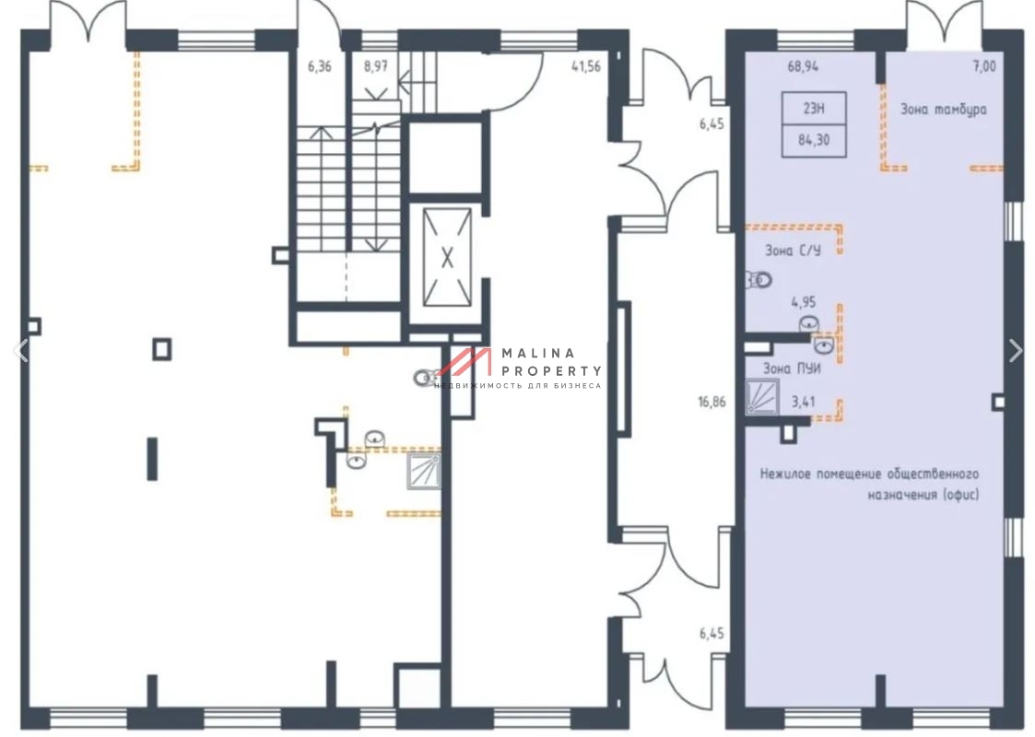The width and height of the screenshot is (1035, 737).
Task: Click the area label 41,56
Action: (586, 66)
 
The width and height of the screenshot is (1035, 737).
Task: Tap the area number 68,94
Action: (803, 66)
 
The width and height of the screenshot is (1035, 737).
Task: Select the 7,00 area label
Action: (984, 66)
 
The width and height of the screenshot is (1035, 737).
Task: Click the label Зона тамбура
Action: (944, 110)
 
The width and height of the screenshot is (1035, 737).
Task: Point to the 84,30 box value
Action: (814, 140)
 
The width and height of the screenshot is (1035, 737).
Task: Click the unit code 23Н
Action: (814, 108)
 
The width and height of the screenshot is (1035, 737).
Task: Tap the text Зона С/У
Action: (793, 251)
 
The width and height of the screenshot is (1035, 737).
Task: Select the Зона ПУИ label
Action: (792, 368)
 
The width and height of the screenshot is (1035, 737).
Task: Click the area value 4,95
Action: (804, 302)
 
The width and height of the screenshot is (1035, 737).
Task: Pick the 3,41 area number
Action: (804, 401)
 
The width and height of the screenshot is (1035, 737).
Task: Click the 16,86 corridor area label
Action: (712, 401)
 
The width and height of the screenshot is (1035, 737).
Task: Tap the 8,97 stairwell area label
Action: (376, 66)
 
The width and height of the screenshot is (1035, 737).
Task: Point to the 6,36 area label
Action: (320, 66)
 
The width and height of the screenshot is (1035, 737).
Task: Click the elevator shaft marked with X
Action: (447, 257)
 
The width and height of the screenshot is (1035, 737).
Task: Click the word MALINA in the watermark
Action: (538, 354)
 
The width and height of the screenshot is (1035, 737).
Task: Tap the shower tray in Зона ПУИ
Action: (761, 396)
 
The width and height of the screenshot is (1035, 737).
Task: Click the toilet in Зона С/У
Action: (759, 280)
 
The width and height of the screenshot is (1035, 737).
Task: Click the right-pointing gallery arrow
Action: (1016, 350)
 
